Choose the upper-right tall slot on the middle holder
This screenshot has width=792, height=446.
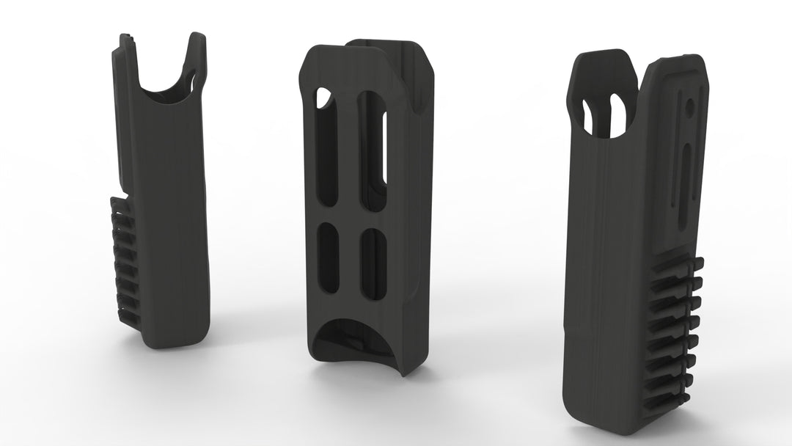374,150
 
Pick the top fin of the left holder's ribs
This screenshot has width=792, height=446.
121,202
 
